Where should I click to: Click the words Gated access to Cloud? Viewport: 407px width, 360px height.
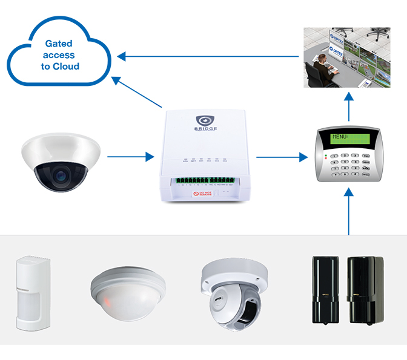click(x=60, y=55)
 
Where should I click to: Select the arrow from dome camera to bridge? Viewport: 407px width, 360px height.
click(x=130, y=157)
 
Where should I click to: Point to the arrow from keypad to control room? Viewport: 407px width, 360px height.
click(x=349, y=106)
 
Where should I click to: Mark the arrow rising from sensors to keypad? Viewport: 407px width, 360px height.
click(x=349, y=212)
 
